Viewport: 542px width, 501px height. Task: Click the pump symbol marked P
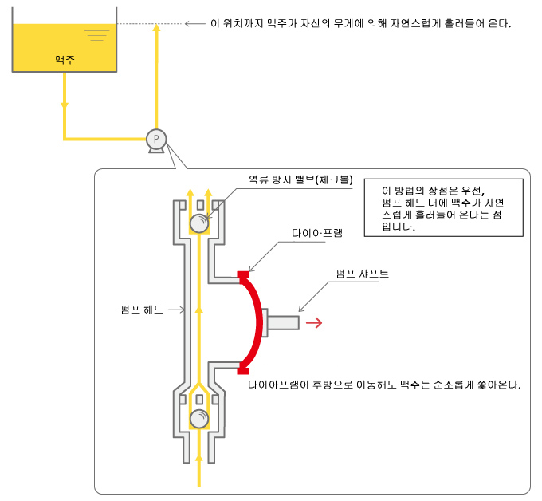tap(156, 139)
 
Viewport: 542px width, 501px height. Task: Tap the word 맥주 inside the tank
tap(65, 59)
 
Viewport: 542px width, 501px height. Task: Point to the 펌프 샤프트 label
tap(363, 274)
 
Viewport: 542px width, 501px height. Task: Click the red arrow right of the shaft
tap(314, 322)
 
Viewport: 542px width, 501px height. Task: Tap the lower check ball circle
tap(198, 418)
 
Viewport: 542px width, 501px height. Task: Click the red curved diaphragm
tap(259, 322)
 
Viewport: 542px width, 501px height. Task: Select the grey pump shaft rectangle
tap(283, 322)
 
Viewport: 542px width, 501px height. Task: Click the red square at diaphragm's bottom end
tap(243, 369)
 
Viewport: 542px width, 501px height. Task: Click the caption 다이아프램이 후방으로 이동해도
tap(384, 385)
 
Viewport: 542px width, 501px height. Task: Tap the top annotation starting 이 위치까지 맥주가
tap(359, 23)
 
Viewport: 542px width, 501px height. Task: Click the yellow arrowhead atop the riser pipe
tap(156, 29)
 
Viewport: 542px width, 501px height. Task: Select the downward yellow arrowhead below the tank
tap(65, 105)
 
